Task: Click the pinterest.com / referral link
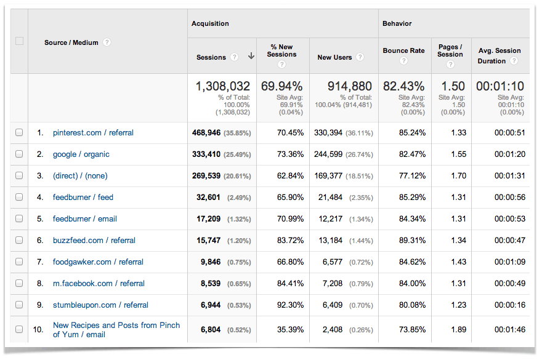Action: (93, 133)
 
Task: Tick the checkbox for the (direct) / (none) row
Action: (19, 176)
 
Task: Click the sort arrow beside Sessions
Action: (251, 57)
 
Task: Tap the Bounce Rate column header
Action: (403, 50)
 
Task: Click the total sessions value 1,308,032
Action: (222, 87)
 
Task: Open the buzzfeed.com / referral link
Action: (94, 241)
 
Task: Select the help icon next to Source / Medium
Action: (107, 42)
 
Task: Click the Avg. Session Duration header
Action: (499, 55)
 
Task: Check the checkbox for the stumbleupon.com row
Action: (19, 305)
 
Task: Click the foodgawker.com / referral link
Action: (98, 262)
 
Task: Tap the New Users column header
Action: (334, 57)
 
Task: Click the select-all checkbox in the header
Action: (19, 41)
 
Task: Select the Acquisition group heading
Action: (210, 24)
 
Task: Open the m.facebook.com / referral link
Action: (99, 284)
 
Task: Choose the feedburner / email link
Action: (84, 219)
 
